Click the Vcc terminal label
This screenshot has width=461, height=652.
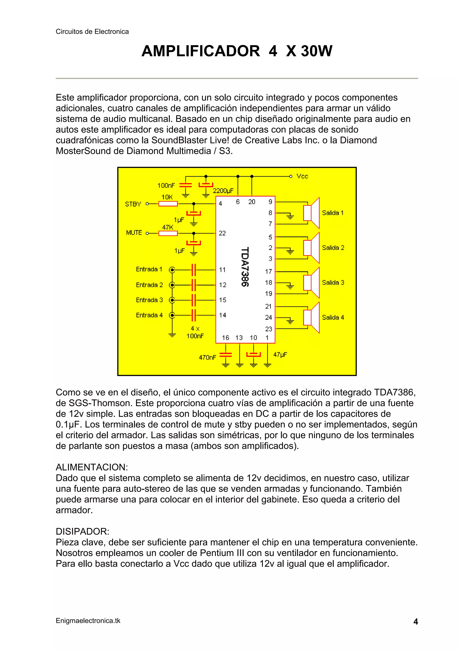tap(302, 176)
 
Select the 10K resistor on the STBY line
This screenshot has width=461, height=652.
tap(168, 204)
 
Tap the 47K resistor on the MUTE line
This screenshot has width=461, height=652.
tap(168, 233)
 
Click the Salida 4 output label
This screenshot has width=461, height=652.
tap(333, 318)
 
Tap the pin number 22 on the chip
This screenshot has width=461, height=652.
tap(222, 233)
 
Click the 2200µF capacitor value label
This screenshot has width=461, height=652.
tap(223, 191)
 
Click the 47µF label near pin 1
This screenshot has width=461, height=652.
tap(280, 355)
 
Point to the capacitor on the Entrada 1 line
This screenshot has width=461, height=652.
tap(194, 270)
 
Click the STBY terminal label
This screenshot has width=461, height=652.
tap(133, 204)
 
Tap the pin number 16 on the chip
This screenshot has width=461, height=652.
tap(226, 338)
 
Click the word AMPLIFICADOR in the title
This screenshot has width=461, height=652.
tap(201, 51)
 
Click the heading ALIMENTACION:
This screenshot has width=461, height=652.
tap(92, 467)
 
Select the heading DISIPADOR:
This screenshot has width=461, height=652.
tap(82, 531)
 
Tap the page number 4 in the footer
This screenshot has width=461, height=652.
tap(416, 622)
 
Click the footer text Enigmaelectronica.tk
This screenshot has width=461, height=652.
tap(88, 621)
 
